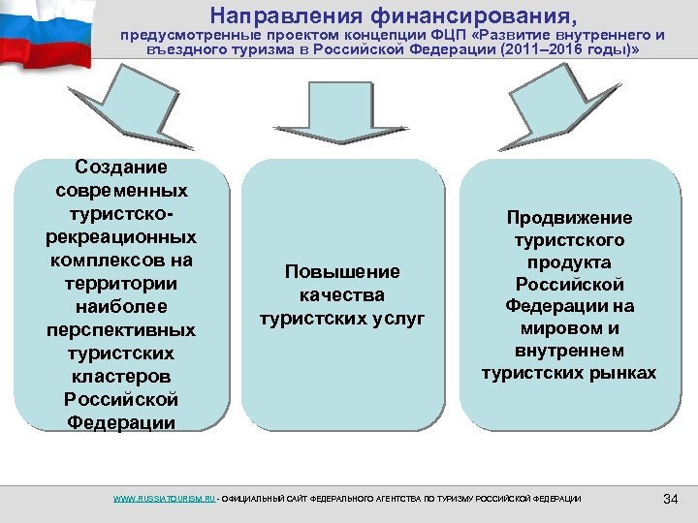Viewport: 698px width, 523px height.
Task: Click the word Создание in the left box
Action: [120, 168]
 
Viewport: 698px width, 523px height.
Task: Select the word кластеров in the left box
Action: [120, 377]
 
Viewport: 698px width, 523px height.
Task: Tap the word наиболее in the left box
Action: [120, 307]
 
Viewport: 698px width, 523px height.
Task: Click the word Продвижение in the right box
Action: [569, 218]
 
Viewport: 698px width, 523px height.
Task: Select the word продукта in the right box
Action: [569, 262]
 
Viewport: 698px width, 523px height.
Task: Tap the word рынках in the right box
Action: [621, 373]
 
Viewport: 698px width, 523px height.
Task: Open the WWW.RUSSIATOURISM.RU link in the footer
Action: [163, 499]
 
